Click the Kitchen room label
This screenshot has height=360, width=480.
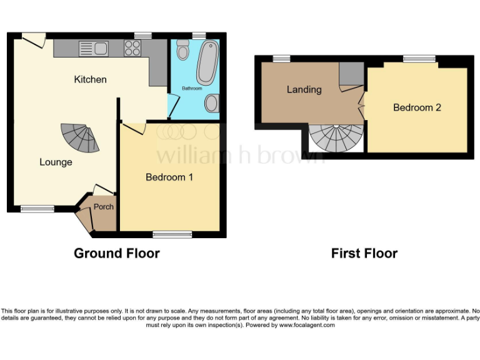point(90,79)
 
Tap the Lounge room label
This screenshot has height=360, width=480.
point(56,162)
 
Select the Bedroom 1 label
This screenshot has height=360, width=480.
point(169,177)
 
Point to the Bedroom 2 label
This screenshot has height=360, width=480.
point(417,107)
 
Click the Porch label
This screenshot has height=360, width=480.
point(103,207)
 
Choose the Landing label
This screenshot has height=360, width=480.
point(304,89)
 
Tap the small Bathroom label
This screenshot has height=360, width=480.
point(192,89)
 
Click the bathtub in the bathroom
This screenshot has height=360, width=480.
point(206,63)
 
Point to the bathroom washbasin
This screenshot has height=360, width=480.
point(212,102)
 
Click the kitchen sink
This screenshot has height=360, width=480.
point(94,48)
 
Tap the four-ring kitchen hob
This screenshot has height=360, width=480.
point(132,48)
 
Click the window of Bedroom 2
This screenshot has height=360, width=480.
point(419,59)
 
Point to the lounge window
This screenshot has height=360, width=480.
point(36,209)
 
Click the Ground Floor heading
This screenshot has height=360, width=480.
point(116,253)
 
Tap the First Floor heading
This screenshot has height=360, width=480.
point(364,253)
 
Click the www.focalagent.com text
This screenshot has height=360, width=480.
point(306,325)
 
